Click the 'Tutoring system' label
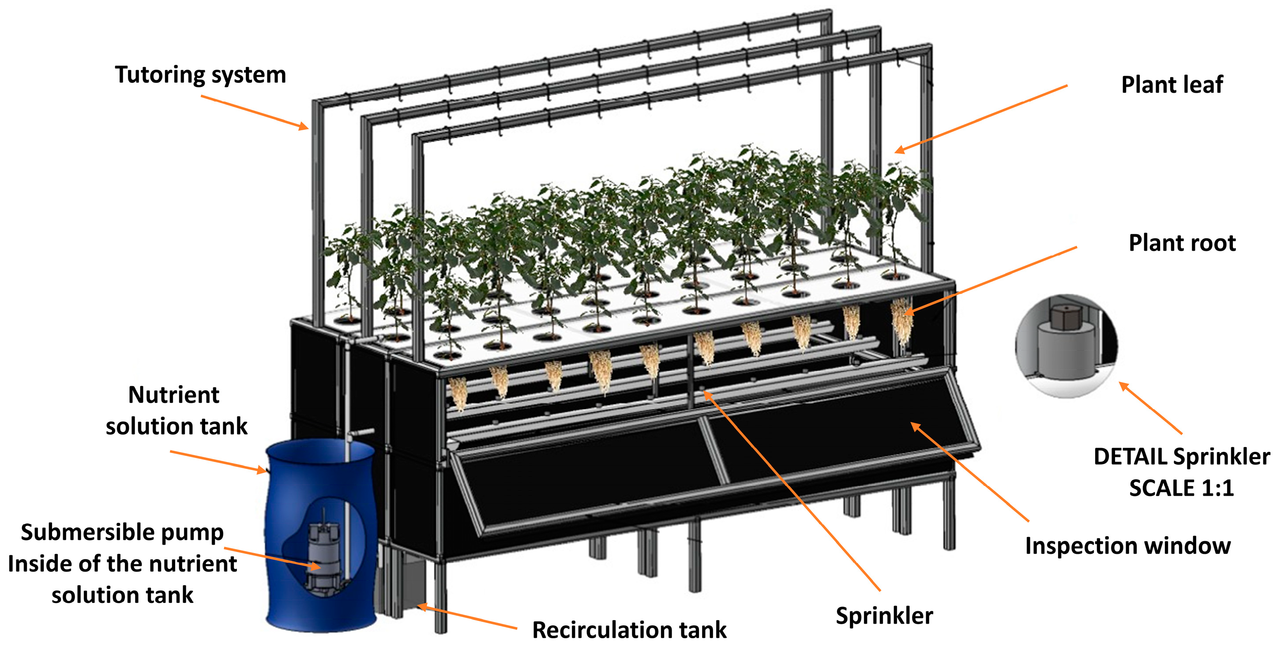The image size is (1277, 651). click(200, 75)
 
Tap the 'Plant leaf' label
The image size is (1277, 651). click(1172, 85)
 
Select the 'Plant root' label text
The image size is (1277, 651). click(1182, 243)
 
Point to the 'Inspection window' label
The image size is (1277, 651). click(1128, 546)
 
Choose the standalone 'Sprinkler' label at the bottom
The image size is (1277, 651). click(884, 616)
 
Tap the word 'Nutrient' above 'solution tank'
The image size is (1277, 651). click(173, 395)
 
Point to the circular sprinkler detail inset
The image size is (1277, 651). click(1066, 346)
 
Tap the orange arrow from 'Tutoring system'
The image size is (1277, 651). click(254, 113)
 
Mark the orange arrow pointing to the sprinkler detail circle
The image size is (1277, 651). click(1151, 409)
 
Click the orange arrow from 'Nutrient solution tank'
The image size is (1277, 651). click(218, 461)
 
